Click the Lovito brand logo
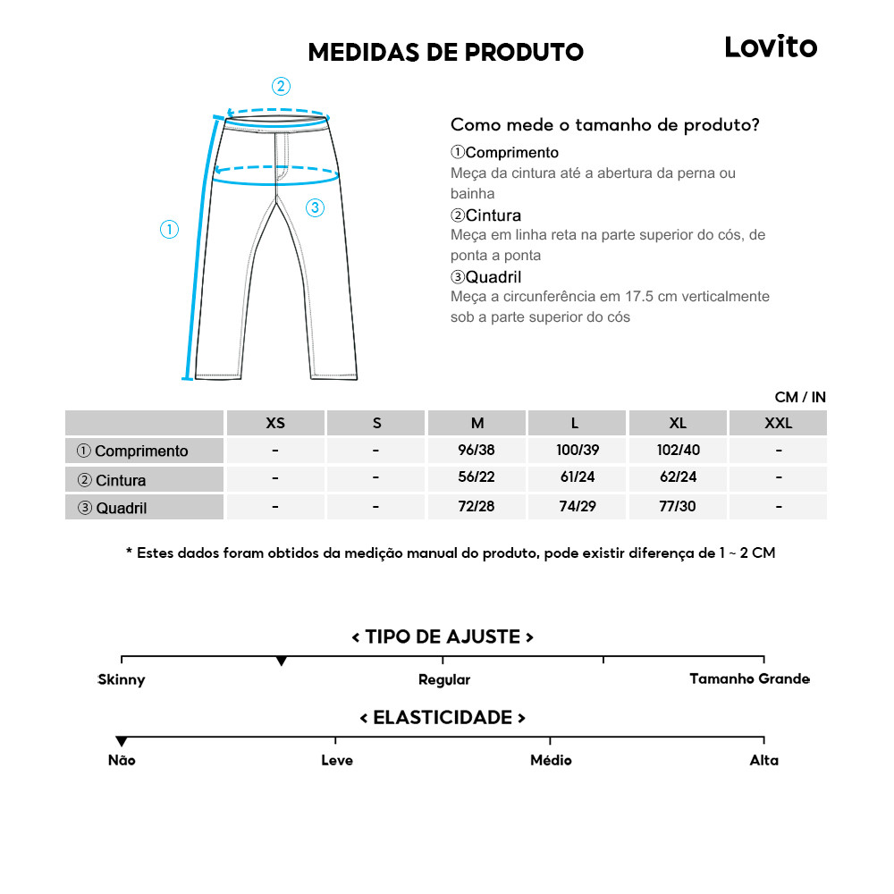click(771, 46)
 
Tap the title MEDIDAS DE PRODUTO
click(445, 52)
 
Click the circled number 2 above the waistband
click(281, 87)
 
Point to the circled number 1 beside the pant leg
click(169, 230)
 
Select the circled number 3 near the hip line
click(314, 208)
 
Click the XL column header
click(678, 423)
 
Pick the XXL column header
click(779, 423)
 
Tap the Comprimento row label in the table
click(133, 451)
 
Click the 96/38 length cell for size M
click(477, 450)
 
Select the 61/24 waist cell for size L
click(578, 477)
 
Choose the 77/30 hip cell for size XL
click(678, 506)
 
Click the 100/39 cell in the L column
click(578, 450)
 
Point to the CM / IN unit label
click(800, 397)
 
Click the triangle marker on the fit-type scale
click(282, 661)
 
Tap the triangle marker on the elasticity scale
click(122, 741)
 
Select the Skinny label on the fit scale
click(122, 679)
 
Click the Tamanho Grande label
click(749, 679)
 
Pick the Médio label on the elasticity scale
click(551, 760)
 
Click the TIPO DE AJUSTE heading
click(443, 637)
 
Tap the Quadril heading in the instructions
click(486, 277)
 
